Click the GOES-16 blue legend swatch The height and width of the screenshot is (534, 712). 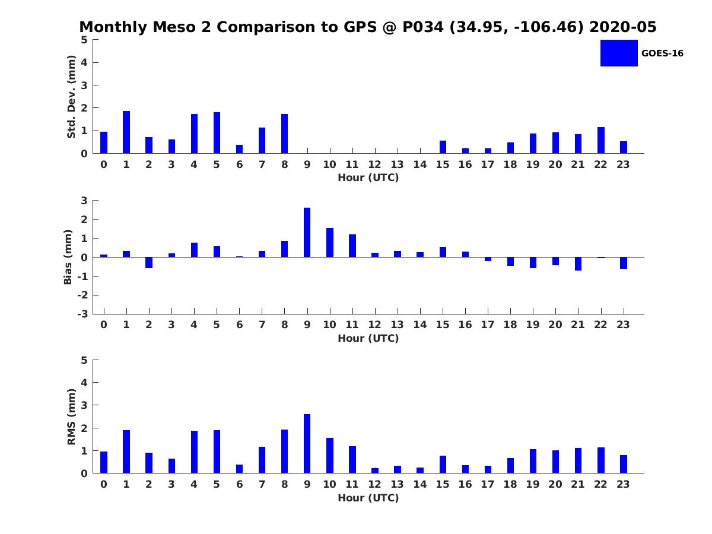pos(618,53)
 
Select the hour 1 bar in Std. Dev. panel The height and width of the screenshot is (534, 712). pos(126,132)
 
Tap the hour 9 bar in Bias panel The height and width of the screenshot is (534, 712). pos(307,232)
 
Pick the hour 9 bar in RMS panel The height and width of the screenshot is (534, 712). pos(307,443)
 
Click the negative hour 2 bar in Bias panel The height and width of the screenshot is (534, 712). pos(149,262)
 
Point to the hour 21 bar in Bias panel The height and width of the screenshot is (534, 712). pos(578,263)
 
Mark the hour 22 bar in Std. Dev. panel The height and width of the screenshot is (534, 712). pos(600,140)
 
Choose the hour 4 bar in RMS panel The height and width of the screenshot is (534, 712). pos(194,452)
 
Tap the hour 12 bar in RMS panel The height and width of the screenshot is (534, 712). pos(375,471)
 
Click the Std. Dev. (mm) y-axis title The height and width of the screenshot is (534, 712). pos(71,97)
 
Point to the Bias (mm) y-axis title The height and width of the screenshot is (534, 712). pos(68,257)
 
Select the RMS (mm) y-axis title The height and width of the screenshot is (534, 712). pos(71,417)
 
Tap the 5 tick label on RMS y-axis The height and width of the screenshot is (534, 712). pos(84,360)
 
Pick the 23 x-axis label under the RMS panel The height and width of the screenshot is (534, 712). pos(623,484)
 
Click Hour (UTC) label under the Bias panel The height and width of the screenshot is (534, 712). pos(368,338)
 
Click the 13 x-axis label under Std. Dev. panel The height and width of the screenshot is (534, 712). pos(398,164)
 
